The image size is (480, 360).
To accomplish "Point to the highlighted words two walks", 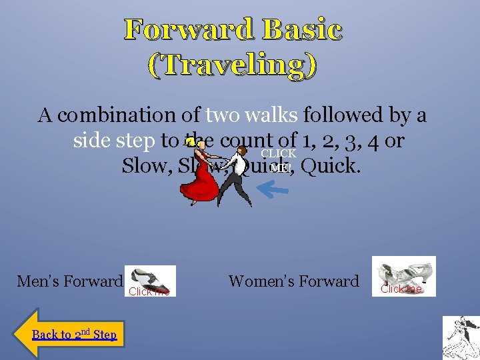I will click(252, 115).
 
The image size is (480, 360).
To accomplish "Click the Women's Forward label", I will click(293, 281).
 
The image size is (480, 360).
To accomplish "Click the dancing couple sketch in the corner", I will click(461, 338).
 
